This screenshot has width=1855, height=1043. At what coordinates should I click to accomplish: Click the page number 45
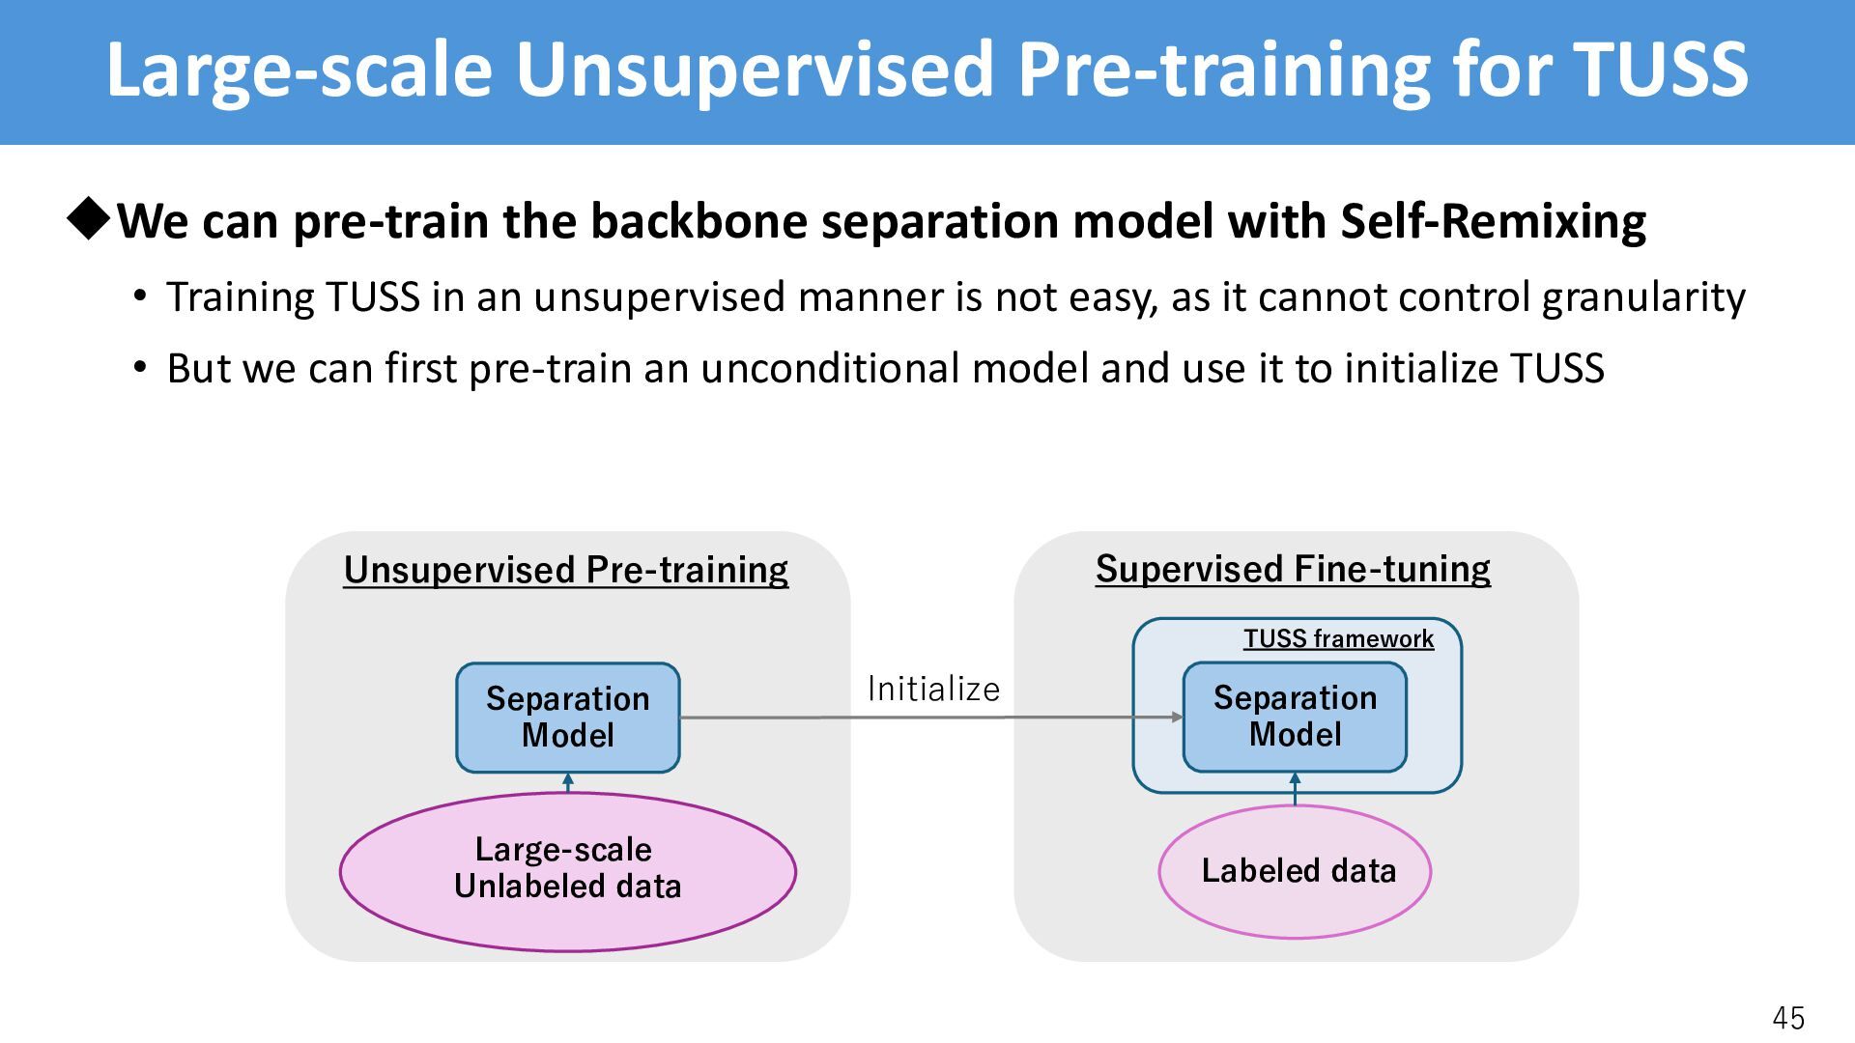point(1788,1018)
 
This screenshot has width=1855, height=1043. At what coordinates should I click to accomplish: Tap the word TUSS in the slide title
point(1661,70)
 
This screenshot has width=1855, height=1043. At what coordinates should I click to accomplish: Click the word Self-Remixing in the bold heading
point(1493,222)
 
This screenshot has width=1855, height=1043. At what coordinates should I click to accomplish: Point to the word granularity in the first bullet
point(1643,297)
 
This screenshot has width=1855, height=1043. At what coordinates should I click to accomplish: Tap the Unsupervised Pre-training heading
point(566,570)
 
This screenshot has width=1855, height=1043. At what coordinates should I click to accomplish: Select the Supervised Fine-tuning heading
point(1293,569)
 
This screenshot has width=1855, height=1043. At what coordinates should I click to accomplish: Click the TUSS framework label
point(1338,638)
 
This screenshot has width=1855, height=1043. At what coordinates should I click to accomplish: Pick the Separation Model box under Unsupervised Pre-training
point(568,718)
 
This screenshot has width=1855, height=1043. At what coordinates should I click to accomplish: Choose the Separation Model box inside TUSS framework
point(1295,717)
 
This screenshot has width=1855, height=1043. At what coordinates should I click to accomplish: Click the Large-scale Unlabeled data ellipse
point(568,871)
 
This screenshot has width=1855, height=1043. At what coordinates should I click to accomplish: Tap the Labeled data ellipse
point(1295,871)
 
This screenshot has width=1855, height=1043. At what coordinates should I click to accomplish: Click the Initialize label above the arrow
point(933,689)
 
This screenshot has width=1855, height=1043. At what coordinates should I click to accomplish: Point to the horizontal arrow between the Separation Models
point(931,718)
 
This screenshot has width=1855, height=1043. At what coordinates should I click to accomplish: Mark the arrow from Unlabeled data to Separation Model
point(568,782)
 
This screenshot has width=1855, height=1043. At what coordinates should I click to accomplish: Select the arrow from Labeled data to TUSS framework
point(1295,788)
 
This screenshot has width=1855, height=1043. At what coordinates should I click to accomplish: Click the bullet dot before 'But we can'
point(141,368)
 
